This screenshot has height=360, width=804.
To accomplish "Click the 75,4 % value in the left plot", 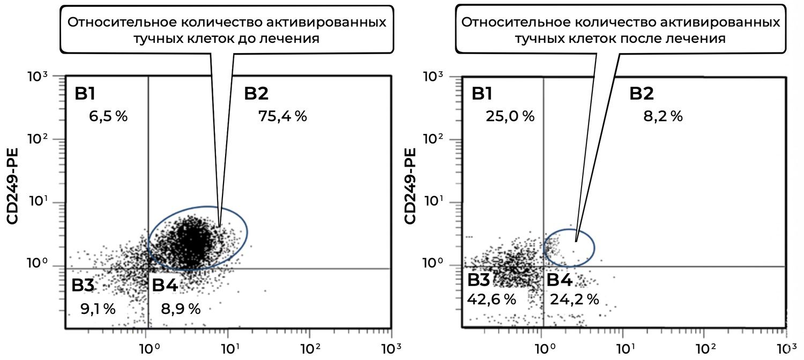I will click(x=282, y=116).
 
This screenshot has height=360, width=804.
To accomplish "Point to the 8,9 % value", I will click(x=181, y=309).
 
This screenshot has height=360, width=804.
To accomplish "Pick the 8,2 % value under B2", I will click(x=662, y=116).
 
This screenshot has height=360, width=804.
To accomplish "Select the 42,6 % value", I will click(x=491, y=299).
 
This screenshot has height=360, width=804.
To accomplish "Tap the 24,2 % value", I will click(x=574, y=299).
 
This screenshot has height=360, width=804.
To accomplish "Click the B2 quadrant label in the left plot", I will click(x=256, y=94).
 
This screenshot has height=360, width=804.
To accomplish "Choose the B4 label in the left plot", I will click(x=165, y=286).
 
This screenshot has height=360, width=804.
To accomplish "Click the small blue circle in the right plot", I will click(x=569, y=247).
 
